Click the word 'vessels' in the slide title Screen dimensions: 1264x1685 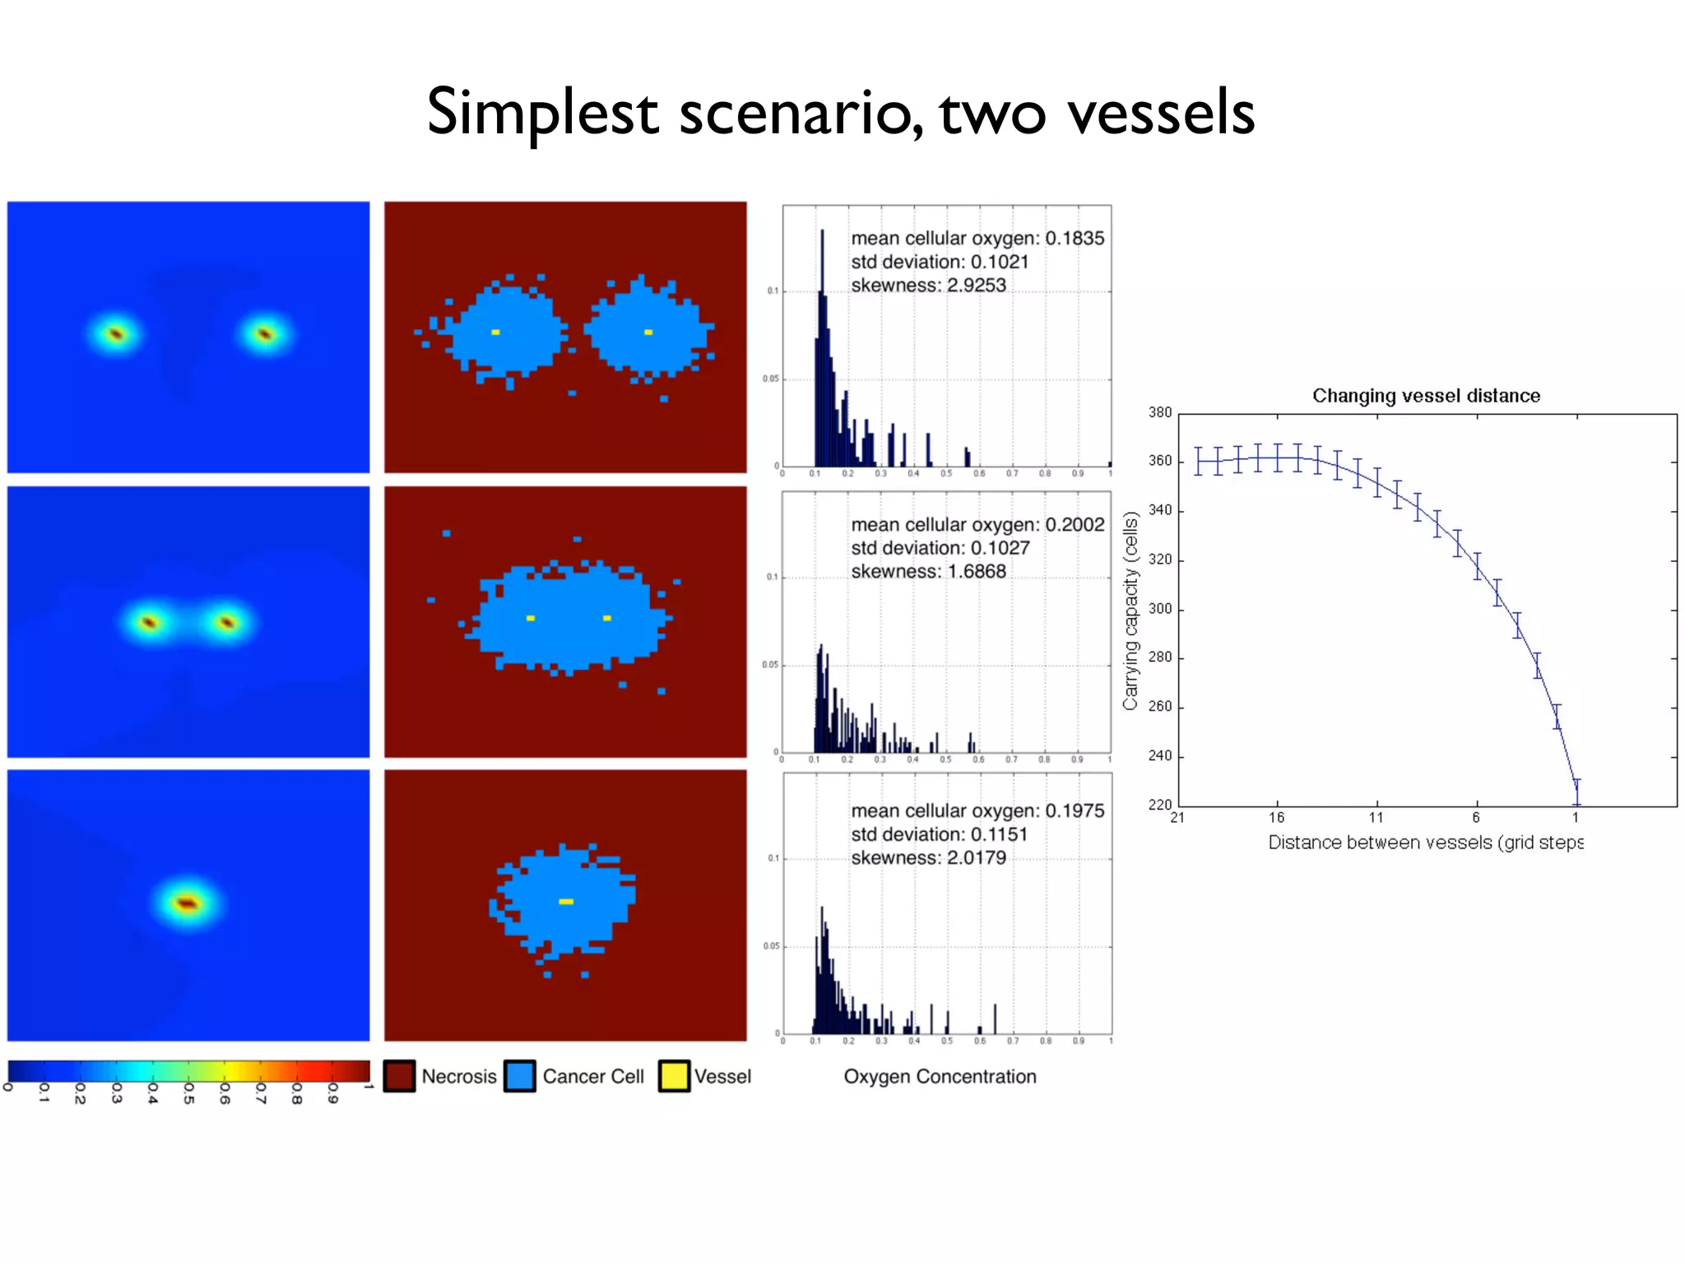point(1160,113)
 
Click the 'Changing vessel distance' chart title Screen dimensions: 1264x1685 point(1426,396)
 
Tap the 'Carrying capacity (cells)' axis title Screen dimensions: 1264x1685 point(1131,611)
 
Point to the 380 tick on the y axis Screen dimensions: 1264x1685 point(1160,412)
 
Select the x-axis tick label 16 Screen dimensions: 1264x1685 point(1276,817)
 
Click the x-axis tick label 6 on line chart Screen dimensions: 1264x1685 point(1476,817)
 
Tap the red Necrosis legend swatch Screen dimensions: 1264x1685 point(399,1076)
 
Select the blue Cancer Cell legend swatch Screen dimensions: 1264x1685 point(520,1076)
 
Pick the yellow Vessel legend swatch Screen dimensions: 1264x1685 point(674,1076)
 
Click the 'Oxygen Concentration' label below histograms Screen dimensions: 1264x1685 point(940,1076)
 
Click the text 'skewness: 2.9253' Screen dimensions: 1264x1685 point(928,286)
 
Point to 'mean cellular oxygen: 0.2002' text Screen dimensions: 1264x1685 point(977,524)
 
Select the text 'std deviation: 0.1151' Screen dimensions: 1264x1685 point(939,834)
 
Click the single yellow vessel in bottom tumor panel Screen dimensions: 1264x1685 point(566,902)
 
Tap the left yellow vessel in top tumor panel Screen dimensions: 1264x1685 point(495,332)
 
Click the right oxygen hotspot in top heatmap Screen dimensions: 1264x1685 point(265,333)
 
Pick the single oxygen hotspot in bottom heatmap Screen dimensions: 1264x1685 point(188,904)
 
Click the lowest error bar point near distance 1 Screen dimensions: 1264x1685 point(1576,792)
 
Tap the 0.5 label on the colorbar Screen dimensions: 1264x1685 point(188,1093)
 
